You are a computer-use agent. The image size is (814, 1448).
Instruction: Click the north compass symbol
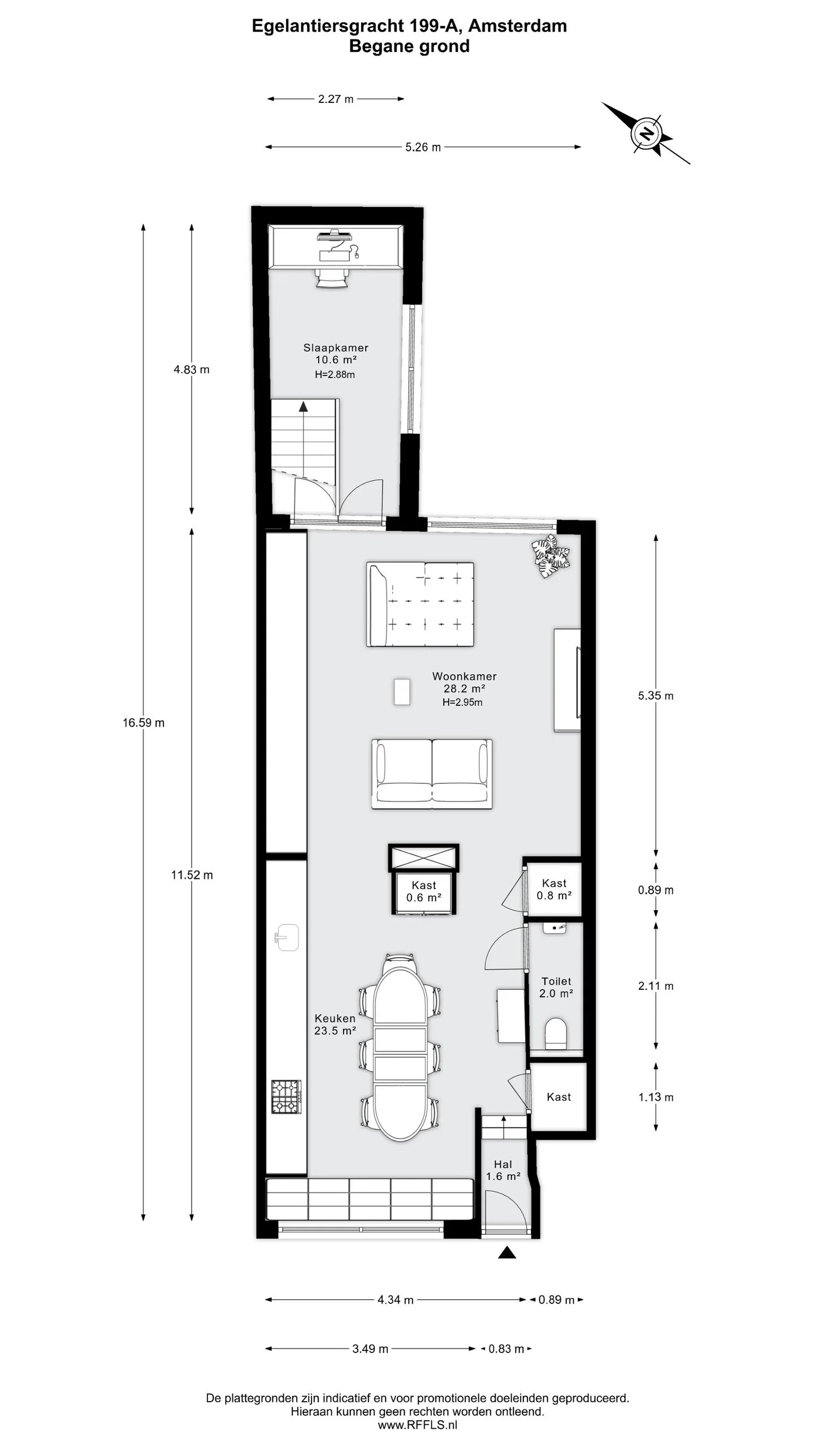pyautogui.click(x=646, y=133)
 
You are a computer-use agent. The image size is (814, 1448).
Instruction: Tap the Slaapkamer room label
pyautogui.click(x=336, y=348)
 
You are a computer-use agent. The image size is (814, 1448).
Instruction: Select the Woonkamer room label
pyautogui.click(x=464, y=676)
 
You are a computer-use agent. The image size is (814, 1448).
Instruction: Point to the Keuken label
pyautogui.click(x=335, y=1018)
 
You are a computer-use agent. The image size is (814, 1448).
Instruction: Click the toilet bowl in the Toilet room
pyautogui.click(x=556, y=1033)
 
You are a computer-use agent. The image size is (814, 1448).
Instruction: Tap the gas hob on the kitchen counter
pyautogui.click(x=286, y=1097)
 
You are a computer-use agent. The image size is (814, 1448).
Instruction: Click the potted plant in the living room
pyautogui.click(x=551, y=555)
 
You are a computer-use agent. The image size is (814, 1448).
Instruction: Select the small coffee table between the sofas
pyautogui.click(x=402, y=692)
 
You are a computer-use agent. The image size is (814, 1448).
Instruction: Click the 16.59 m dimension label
pyautogui.click(x=144, y=722)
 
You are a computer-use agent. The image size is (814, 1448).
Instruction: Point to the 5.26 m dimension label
pyautogui.click(x=423, y=147)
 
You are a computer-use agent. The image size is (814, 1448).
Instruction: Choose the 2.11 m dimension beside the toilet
pyautogui.click(x=656, y=986)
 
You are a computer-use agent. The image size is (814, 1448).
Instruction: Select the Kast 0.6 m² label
pyautogui.click(x=423, y=891)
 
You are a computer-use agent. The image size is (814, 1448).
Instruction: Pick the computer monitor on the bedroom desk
pyautogui.click(x=334, y=234)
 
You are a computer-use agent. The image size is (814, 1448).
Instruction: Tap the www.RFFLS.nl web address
pyautogui.click(x=417, y=1425)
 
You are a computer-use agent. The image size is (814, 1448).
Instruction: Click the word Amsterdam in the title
pyautogui.click(x=517, y=26)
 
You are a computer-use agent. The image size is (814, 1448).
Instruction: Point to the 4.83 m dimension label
pyautogui.click(x=192, y=369)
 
